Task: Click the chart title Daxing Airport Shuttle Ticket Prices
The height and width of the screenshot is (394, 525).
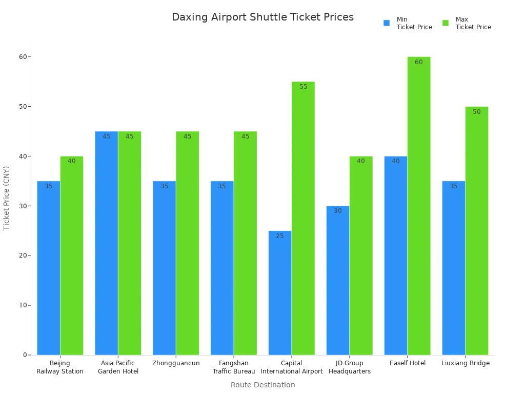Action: (x=262, y=17)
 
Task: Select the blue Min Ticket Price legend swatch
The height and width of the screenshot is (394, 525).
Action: (x=387, y=23)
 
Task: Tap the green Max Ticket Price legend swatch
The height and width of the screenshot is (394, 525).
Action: (x=446, y=23)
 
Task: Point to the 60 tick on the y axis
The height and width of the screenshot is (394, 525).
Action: (x=23, y=57)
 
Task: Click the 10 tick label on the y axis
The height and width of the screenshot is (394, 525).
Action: (x=23, y=305)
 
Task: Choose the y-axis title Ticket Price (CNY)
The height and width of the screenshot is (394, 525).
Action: (x=7, y=198)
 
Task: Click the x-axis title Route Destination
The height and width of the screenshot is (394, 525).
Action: (x=262, y=385)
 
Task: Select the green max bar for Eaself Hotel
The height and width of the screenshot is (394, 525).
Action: (x=419, y=205)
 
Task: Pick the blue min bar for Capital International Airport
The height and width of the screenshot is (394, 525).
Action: (x=280, y=292)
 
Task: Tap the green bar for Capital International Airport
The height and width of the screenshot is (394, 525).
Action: (x=303, y=218)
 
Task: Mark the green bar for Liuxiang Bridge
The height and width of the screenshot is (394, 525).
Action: (x=477, y=231)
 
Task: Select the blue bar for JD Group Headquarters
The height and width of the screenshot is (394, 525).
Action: (x=338, y=280)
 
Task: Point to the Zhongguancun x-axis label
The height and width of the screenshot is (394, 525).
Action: (x=176, y=363)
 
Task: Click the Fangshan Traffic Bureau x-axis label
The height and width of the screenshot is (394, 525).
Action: (x=234, y=367)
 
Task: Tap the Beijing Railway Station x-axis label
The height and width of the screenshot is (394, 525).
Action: (x=60, y=367)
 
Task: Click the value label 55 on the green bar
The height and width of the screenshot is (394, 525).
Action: (x=304, y=87)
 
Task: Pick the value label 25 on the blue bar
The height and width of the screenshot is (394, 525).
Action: (x=279, y=236)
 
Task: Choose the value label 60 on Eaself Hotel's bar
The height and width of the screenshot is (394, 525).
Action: (x=419, y=62)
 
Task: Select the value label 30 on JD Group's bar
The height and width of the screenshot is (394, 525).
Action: (x=338, y=211)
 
